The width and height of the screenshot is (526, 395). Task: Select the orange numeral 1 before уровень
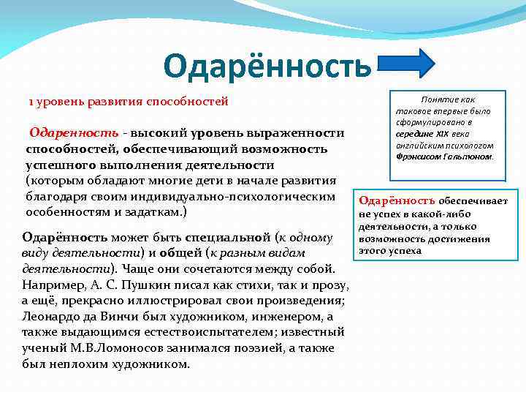[x=31, y=101]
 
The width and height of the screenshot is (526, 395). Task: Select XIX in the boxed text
[x=443, y=133]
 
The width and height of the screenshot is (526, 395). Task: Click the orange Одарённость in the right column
[x=396, y=200]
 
